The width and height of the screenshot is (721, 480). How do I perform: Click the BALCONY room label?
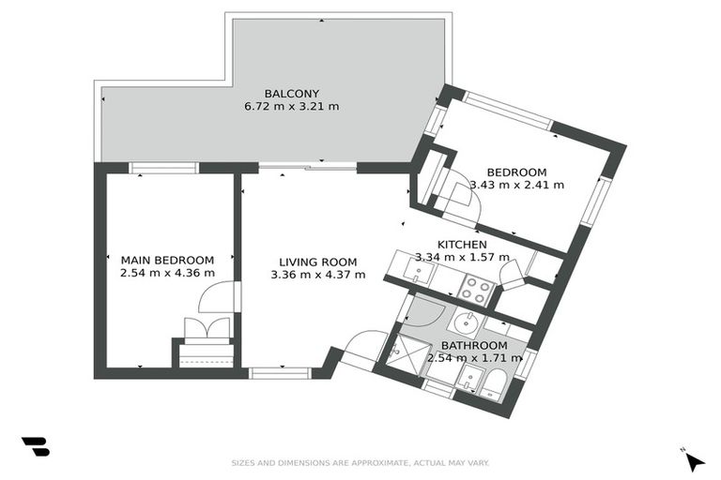point(292,94)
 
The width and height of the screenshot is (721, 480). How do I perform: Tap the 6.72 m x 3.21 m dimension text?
point(292,107)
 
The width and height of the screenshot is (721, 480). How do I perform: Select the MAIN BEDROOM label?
point(167,261)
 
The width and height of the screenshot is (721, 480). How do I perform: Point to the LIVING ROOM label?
point(317,262)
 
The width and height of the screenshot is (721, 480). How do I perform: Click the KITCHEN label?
point(462,245)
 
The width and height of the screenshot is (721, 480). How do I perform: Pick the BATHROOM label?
point(474,345)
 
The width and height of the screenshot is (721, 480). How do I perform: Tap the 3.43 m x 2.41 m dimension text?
point(517,185)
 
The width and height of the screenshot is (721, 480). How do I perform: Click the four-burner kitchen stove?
point(477,291)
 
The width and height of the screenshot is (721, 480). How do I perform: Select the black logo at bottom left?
point(36,446)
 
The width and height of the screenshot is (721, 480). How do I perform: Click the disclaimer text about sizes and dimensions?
point(360,463)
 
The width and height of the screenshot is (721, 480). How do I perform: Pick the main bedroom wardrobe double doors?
point(207,328)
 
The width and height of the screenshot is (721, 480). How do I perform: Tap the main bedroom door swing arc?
point(215,297)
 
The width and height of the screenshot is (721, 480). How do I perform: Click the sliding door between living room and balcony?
point(308,169)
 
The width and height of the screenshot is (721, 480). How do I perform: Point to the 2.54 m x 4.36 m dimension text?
point(167,274)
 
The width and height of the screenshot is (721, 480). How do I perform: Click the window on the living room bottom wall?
point(281,373)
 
